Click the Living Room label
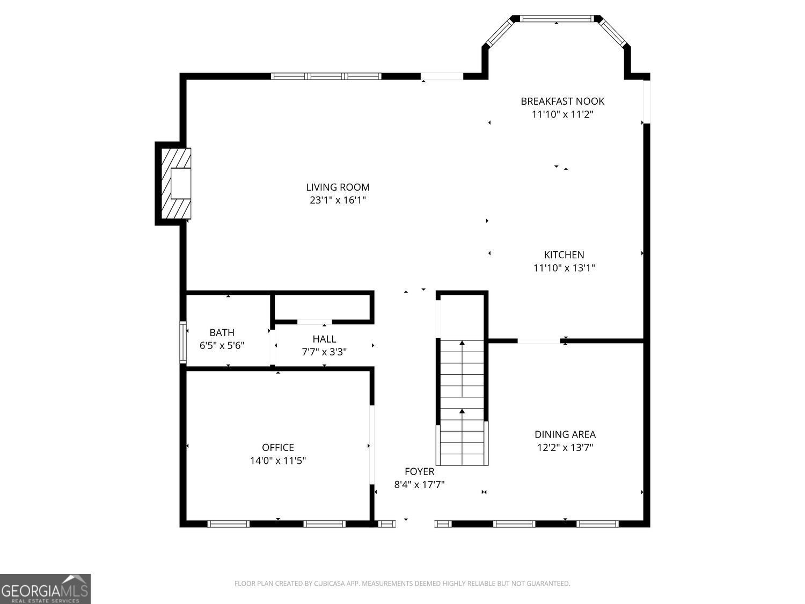(338, 187)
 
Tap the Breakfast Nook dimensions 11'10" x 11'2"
(562, 114)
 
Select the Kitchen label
(563, 254)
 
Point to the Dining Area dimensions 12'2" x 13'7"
(565, 447)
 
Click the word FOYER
(419, 471)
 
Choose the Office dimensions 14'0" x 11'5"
(277, 461)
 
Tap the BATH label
(222, 333)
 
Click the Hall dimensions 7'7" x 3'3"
(324, 352)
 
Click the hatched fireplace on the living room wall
(176, 184)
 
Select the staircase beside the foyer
(462, 402)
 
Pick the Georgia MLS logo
(45, 588)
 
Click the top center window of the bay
(556, 19)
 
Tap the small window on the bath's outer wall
(182, 342)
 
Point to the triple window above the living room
(326, 76)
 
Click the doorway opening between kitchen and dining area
(539, 341)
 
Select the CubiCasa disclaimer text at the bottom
(402, 584)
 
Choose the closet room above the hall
(322, 307)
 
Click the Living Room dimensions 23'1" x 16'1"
(338, 200)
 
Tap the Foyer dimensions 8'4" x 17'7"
(419, 485)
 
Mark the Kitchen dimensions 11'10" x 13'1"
(563, 268)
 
